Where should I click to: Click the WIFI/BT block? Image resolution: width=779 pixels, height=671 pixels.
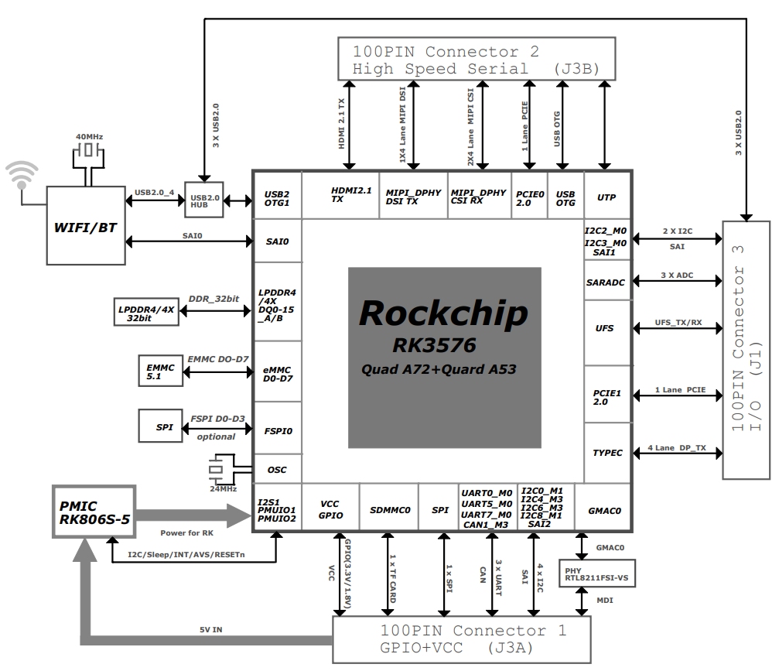point(85,225)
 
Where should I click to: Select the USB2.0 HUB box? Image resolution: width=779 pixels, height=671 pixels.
point(203,200)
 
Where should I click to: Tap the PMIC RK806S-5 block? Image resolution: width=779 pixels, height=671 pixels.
point(94,512)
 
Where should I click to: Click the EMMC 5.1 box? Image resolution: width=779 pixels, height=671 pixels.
point(160,371)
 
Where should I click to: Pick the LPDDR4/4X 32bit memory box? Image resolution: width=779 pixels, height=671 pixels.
point(146,312)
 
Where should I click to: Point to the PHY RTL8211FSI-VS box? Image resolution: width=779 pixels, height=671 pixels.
point(596,573)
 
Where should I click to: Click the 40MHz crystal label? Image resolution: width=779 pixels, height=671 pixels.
point(90,137)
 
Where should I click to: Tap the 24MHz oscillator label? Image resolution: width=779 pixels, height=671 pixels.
point(223,489)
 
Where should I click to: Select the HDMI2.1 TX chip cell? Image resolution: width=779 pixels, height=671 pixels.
point(340,195)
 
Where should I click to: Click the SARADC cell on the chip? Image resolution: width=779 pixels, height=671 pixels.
point(606,282)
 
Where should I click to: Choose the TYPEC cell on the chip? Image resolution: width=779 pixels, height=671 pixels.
point(607,453)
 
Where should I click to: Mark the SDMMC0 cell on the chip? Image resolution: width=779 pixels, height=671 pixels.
point(390,510)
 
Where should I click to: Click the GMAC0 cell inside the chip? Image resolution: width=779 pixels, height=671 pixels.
point(603,511)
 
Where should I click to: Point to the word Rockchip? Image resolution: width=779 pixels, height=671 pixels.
point(443,313)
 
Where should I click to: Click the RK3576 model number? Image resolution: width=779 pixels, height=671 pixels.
point(434,345)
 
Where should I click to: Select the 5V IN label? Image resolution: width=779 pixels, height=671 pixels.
point(211,630)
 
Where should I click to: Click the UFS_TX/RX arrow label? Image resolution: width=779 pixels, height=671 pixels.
point(678,323)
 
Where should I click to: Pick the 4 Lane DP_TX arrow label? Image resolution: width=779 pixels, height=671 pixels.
point(677,448)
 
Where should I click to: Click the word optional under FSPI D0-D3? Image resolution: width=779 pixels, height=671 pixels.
point(216,437)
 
